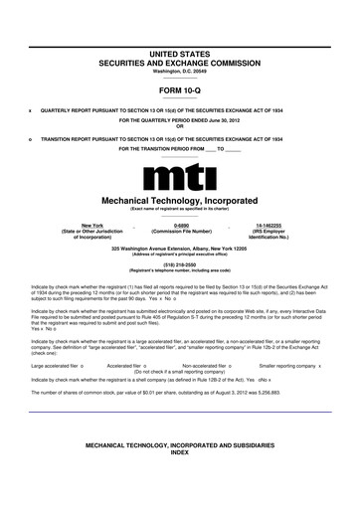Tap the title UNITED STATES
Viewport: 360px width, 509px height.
(x=180, y=50)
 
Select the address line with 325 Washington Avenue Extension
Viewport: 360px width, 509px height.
(x=180, y=247)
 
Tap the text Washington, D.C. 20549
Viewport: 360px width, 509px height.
(x=180, y=70)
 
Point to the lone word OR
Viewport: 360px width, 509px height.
(x=180, y=125)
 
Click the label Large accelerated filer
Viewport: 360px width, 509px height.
(x=55, y=367)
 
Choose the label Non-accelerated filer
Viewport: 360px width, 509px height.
(x=211, y=367)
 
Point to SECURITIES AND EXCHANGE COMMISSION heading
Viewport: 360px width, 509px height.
(x=180, y=60)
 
